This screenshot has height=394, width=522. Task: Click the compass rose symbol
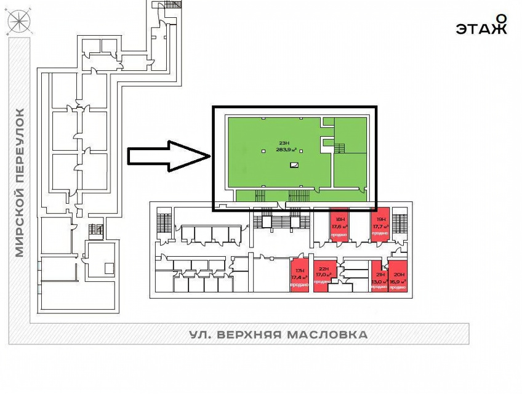coord(18,23)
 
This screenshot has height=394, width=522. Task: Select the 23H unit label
coord(284,143)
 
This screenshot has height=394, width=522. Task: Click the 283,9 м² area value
coord(287,150)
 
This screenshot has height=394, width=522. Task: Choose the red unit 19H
coord(380,225)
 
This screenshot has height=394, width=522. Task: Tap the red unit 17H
coord(299,276)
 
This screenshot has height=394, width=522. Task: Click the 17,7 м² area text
coord(380,226)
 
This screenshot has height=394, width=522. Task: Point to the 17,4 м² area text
coord(299,277)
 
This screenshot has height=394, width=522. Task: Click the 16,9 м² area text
coord(398,281)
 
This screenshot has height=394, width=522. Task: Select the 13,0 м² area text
coord(378,281)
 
